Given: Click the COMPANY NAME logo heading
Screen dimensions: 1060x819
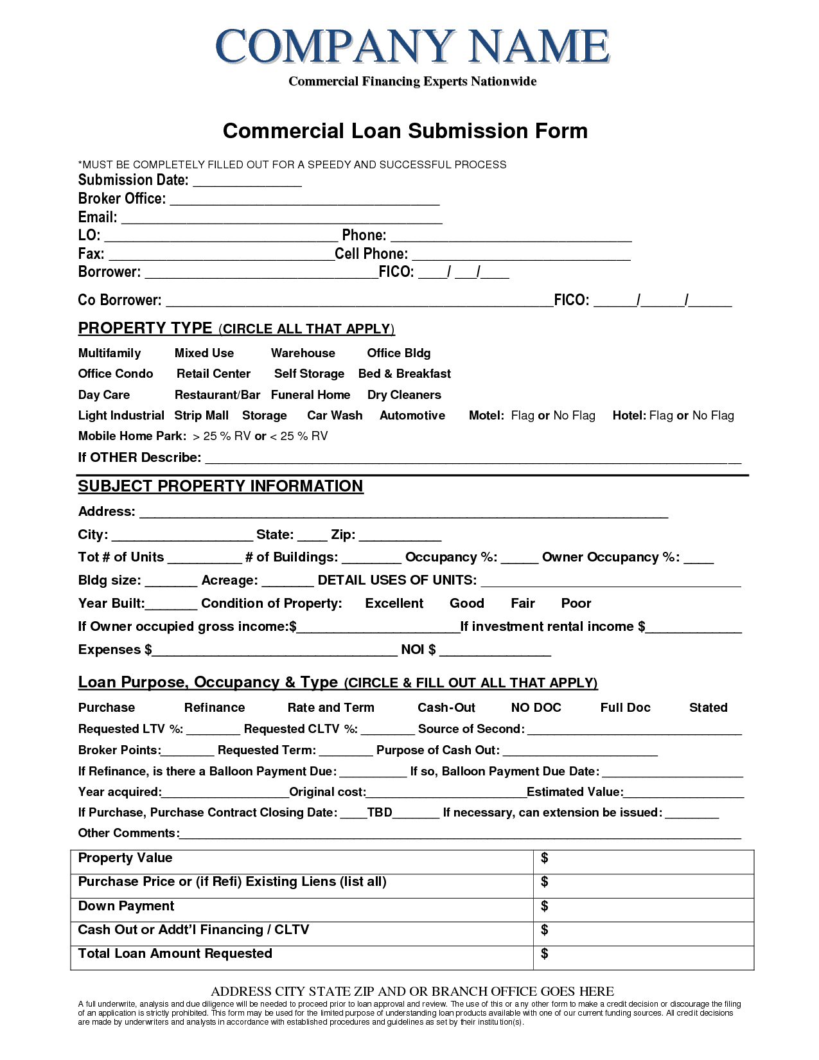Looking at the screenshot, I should coord(412,46).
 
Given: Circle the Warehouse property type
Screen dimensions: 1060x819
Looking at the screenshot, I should coord(303,353).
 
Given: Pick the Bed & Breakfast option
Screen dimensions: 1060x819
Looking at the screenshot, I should coord(404,374).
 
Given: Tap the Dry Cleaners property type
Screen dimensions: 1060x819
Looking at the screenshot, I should coord(403,395).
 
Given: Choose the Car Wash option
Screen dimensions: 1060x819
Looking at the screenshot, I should coord(334,416).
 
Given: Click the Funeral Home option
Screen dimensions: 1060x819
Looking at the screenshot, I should coord(310,395).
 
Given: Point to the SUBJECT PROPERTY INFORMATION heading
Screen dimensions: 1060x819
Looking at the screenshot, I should coord(220,486).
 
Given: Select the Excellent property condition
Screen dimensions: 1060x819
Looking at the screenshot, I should coord(394,603).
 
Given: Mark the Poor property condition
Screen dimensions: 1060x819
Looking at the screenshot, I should coord(576,603).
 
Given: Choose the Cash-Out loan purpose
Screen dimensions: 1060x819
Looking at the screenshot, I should coord(446,708).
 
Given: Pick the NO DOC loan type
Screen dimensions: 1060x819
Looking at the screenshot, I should coord(536,708).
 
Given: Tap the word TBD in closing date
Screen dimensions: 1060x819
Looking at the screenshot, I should coord(379,813).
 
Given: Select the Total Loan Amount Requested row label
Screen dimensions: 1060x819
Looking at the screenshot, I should coord(175,953).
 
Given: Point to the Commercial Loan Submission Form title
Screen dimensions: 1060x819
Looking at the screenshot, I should coord(405,131).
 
